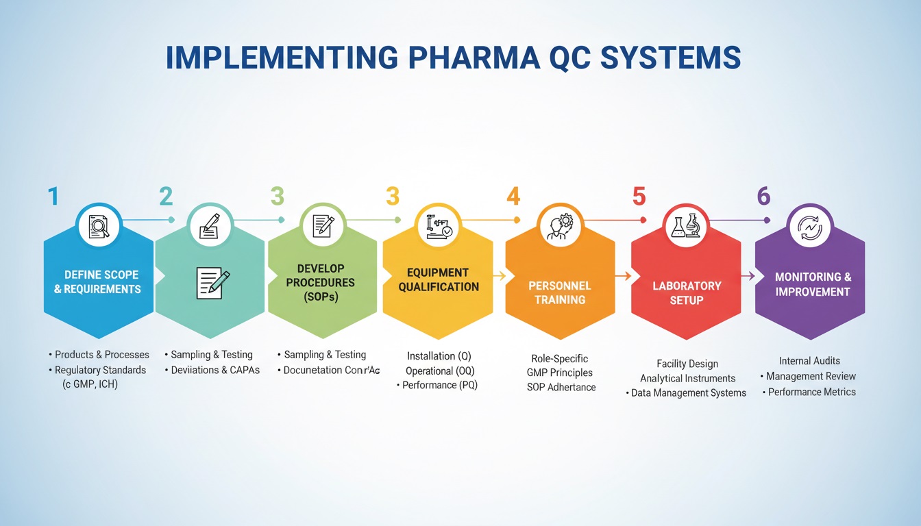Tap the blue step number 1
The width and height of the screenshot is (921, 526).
coord(53,197)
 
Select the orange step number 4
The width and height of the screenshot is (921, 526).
coord(513,197)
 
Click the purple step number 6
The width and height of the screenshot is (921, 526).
coord(763,197)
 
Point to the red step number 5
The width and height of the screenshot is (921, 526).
coord(639,197)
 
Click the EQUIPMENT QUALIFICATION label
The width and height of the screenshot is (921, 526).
coord(439,279)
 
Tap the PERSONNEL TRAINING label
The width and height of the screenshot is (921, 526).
coord(560,292)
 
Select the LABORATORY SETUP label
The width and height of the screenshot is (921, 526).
coord(686,292)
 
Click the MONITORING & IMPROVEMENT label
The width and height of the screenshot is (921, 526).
coord(813,284)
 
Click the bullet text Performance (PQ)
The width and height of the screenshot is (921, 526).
coord(439,385)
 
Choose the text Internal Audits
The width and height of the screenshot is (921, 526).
coord(809,360)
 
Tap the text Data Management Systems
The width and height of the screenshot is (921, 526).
coord(689,393)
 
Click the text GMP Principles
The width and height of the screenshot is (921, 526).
coord(559,373)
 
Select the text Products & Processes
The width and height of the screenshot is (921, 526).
coord(101,355)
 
